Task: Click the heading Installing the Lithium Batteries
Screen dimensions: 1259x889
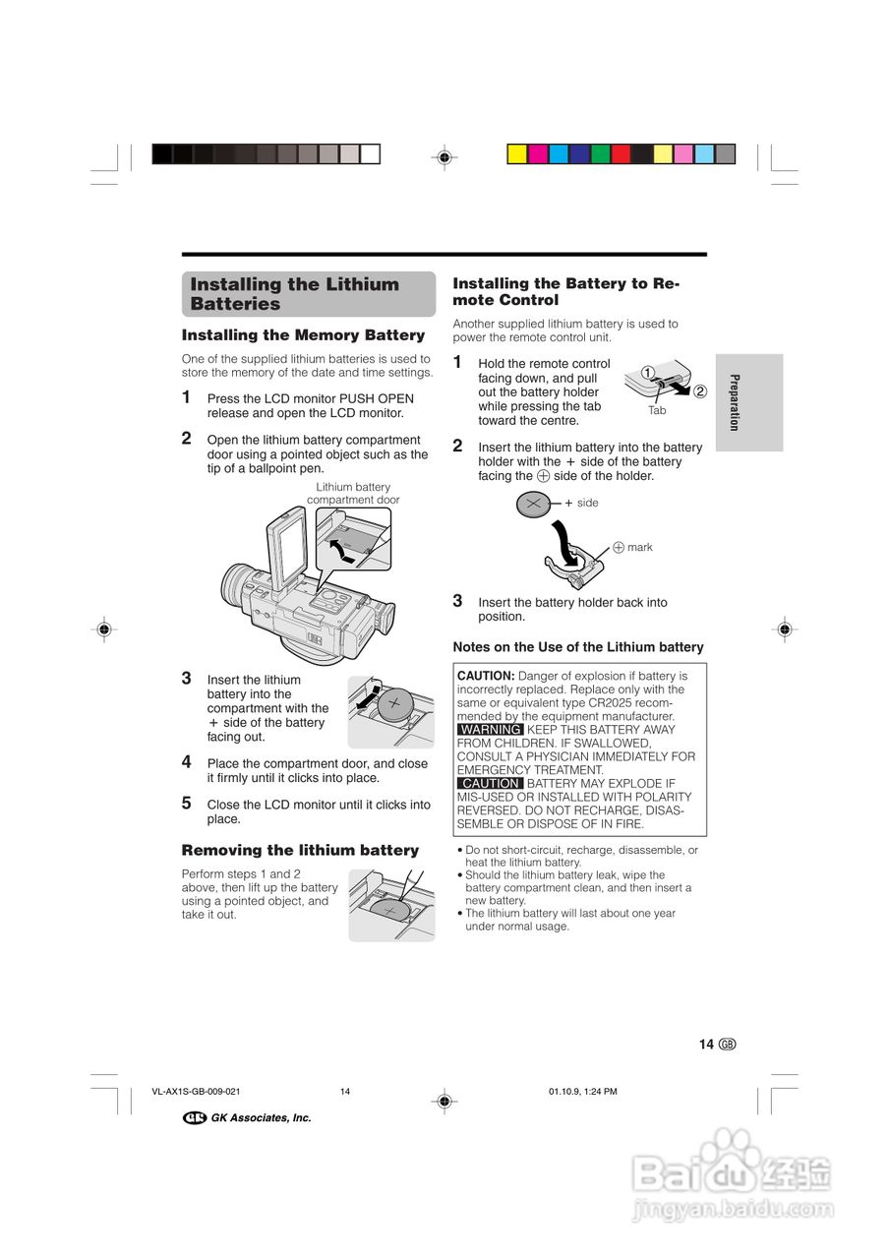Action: [295, 294]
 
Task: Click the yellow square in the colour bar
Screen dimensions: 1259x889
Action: [515, 153]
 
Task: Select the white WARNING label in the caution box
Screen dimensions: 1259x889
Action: [491, 730]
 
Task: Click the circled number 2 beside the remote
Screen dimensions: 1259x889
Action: [699, 390]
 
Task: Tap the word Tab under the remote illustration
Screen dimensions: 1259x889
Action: [657, 410]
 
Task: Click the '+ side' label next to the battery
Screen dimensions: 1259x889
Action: [581, 503]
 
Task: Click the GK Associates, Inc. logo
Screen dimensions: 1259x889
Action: [247, 1117]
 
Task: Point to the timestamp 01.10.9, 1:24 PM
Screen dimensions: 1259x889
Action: [582, 1091]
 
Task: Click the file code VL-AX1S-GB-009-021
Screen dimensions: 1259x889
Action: [197, 1091]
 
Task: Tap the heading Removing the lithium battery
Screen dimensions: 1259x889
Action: [300, 850]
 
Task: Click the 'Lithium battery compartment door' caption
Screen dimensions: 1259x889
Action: [353, 493]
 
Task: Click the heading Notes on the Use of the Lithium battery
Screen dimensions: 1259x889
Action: [577, 647]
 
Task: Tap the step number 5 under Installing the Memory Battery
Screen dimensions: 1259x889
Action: [187, 803]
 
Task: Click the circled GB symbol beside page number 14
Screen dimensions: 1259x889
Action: [727, 1045]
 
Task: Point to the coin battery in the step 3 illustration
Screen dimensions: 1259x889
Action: [395, 705]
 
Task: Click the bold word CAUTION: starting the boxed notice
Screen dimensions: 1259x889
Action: [486, 676]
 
